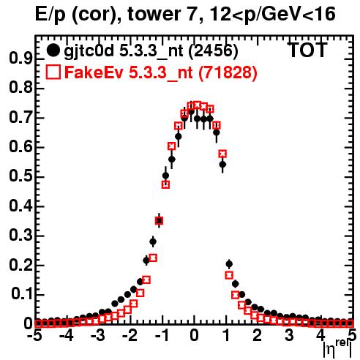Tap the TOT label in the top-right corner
click(308, 50)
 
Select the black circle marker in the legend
click(53, 50)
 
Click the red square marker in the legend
click(53, 72)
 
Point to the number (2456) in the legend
click(213, 51)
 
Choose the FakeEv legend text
click(94, 72)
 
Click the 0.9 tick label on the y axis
click(20, 59)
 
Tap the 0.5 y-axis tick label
click(20, 176)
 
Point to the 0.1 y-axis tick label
click(21, 294)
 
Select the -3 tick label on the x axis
click(99, 336)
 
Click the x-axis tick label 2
click(258, 336)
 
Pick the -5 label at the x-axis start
click(35, 336)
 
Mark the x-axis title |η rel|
click(337, 348)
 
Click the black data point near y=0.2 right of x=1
click(229, 263)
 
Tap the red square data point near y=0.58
click(222, 154)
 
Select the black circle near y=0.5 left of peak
click(165, 176)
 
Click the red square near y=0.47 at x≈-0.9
click(165, 184)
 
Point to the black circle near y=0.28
click(153, 241)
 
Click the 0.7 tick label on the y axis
click(20, 117)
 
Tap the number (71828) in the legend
click(228, 72)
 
